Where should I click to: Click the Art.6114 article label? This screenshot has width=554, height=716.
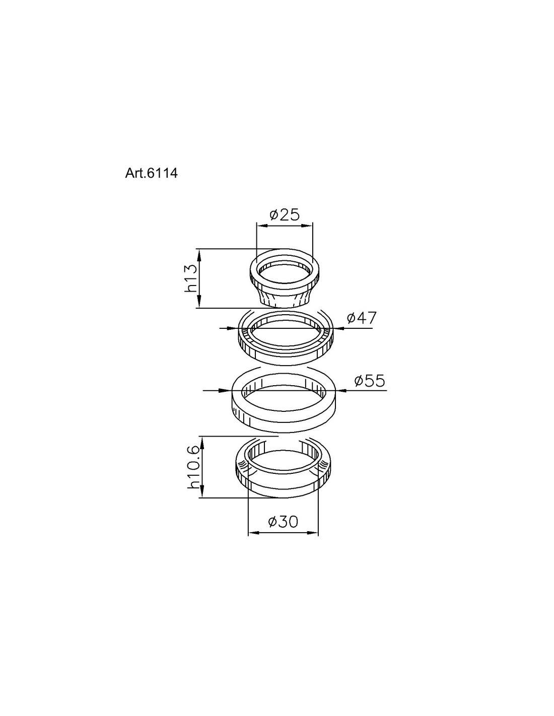(x=151, y=173)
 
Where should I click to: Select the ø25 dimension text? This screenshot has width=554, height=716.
(x=285, y=215)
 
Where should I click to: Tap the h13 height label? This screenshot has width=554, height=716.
(x=191, y=278)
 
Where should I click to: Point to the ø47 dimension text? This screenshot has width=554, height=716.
(x=361, y=318)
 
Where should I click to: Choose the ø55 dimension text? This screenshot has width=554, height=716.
(x=370, y=381)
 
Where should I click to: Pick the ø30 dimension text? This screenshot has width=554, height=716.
(x=283, y=522)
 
